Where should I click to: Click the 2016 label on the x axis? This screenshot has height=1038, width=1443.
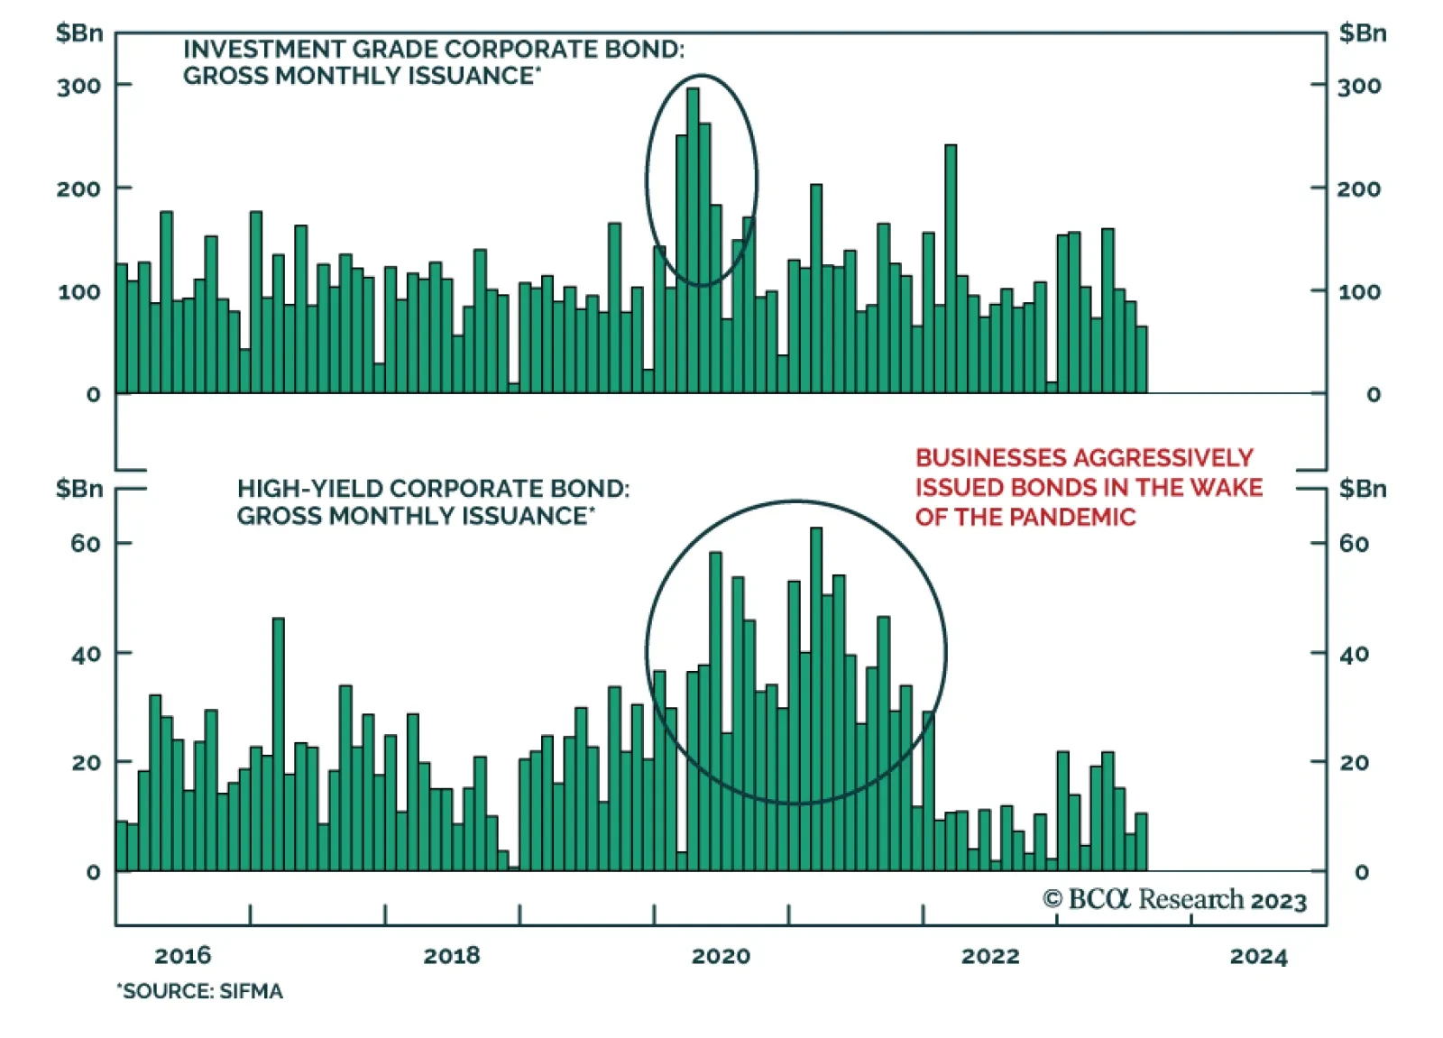click(182, 956)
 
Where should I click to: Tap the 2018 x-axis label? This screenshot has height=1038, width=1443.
click(451, 956)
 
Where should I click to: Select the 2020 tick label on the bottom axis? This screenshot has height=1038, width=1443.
click(720, 956)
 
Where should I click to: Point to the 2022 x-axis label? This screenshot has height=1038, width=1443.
click(989, 956)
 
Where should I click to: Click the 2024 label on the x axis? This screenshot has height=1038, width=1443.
click(1258, 956)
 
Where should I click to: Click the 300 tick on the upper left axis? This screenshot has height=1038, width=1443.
click(78, 87)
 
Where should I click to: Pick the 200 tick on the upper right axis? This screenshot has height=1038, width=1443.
click(1358, 189)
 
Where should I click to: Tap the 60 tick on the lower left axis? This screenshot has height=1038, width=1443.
click(86, 544)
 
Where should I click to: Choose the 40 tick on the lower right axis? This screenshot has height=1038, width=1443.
click(1354, 654)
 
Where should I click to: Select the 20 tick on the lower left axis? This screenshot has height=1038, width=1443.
click(86, 763)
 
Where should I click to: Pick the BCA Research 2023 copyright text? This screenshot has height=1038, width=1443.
click(1174, 900)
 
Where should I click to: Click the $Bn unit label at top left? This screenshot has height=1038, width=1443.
click(79, 33)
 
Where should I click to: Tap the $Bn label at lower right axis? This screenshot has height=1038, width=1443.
click(1362, 489)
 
